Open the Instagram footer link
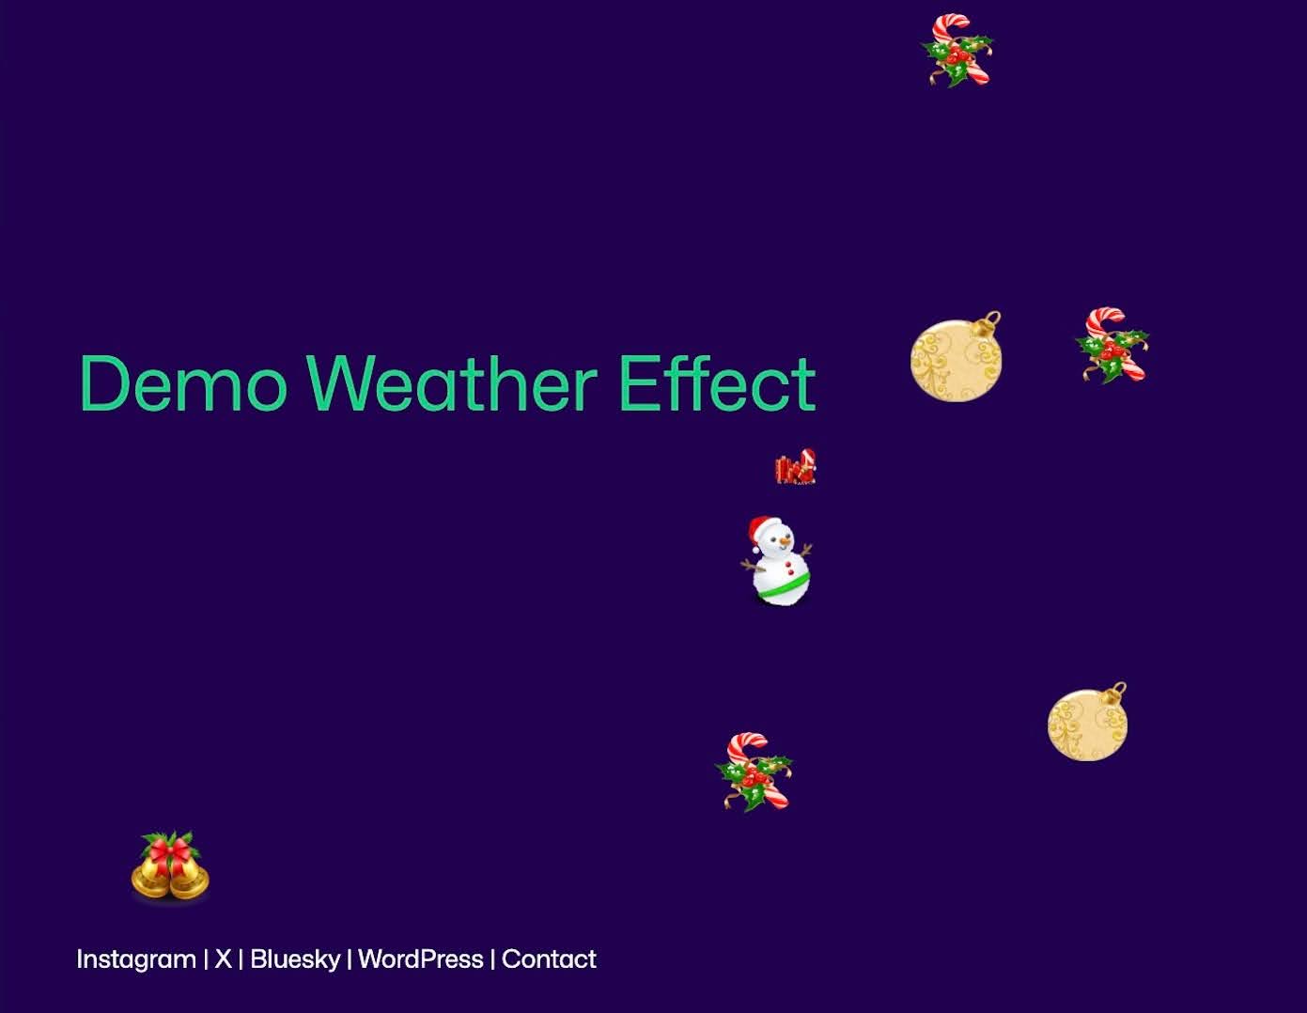(136, 959)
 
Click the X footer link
(223, 959)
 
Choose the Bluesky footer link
(295, 959)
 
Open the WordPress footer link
(421, 959)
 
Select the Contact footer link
(549, 959)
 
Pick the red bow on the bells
(170, 851)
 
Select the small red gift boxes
(795, 468)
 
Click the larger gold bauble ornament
(956, 360)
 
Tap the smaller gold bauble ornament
(1087, 725)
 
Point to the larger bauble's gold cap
(988, 325)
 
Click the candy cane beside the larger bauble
(1112, 345)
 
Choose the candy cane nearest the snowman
(754, 771)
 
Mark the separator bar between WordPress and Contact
(492, 959)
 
